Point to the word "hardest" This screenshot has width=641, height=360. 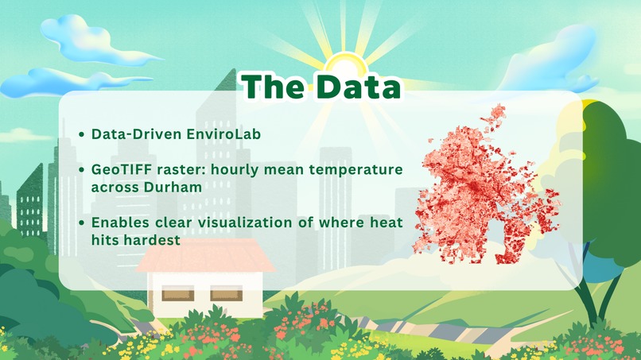pyautogui.click(x=155, y=240)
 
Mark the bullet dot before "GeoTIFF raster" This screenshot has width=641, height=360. pyautogui.click(x=83, y=172)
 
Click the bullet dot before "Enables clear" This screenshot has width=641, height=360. pyautogui.click(x=83, y=224)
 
